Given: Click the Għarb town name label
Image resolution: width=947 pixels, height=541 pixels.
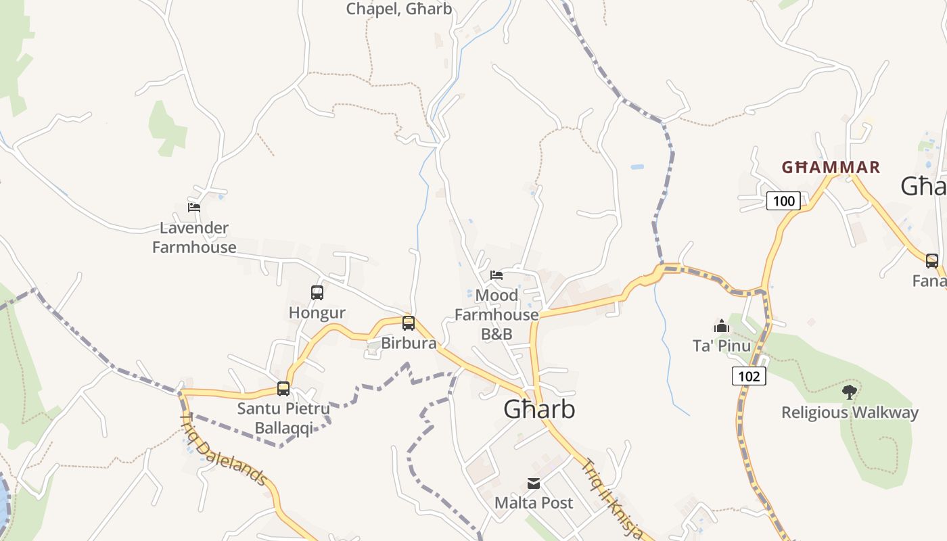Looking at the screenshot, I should pyautogui.click(x=539, y=409).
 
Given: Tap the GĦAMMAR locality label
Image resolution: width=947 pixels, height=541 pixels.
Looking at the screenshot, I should pyautogui.click(x=831, y=167).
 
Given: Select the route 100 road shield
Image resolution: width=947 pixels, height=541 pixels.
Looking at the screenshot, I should pyautogui.click(x=784, y=201).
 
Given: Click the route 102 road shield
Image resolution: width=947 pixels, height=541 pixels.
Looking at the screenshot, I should pyautogui.click(x=749, y=376).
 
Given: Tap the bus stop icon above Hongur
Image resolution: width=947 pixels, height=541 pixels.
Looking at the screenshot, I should pyautogui.click(x=317, y=293).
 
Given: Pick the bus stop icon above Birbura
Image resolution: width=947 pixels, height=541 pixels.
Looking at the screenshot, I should pyautogui.click(x=409, y=323).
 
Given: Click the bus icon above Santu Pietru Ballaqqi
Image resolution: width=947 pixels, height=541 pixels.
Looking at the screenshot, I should pyautogui.click(x=283, y=389).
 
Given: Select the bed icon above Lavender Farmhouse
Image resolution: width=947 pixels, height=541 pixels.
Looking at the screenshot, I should pyautogui.click(x=194, y=208).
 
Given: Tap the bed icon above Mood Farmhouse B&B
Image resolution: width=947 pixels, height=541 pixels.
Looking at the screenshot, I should pyautogui.click(x=496, y=275).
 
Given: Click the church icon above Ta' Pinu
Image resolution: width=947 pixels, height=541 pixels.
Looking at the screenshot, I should pyautogui.click(x=722, y=327).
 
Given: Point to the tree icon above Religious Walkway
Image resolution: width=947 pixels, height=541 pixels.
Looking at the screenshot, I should pyautogui.click(x=850, y=392).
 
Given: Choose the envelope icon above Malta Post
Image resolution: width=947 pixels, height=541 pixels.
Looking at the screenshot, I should pyautogui.click(x=534, y=483).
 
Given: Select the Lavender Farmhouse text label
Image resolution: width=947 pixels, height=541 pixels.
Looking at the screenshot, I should pyautogui.click(x=195, y=237).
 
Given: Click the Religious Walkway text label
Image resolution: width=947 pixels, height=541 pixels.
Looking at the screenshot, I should pyautogui.click(x=850, y=413).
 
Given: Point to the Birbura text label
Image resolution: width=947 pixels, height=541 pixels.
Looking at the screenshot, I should pyautogui.click(x=409, y=343).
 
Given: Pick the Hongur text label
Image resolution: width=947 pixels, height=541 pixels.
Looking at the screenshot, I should pyautogui.click(x=317, y=312).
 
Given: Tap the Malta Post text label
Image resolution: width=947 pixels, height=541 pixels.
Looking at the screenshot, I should pyautogui.click(x=534, y=502).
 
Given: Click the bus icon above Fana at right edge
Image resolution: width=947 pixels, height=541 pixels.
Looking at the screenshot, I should pyautogui.click(x=932, y=260).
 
